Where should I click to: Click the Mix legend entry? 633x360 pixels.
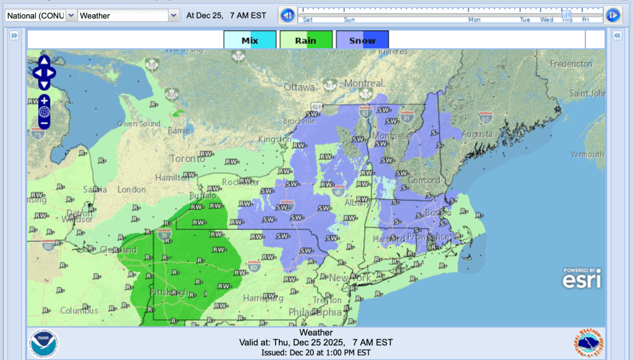(x=250, y=40)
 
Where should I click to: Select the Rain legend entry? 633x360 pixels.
(x=306, y=40)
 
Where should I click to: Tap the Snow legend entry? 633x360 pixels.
(x=362, y=40)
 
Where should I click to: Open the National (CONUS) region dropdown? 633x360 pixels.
(x=41, y=15)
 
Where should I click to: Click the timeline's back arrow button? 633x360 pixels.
(x=286, y=15)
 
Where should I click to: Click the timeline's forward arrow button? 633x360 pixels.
(x=613, y=15)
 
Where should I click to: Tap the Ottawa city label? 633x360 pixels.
(x=299, y=88)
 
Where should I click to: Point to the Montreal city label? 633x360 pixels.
(x=364, y=84)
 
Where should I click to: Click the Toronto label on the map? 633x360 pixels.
(x=187, y=159)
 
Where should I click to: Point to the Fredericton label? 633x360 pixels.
(x=571, y=64)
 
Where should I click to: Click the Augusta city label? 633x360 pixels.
(x=475, y=134)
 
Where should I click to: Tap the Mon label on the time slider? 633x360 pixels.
(x=474, y=20)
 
